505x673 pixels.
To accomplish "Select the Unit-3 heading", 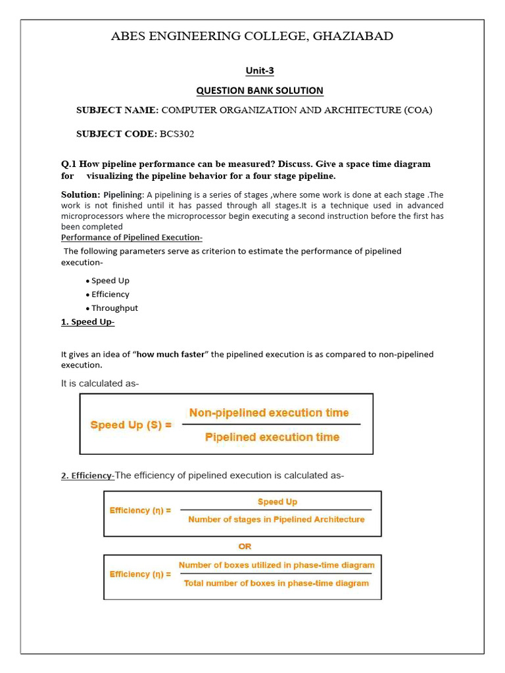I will click(260, 70).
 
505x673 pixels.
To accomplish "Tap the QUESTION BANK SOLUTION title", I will click(260, 91).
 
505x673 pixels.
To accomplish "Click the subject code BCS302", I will click(178, 134).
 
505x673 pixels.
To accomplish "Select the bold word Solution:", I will click(81, 195).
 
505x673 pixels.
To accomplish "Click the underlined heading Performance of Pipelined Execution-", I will click(132, 237).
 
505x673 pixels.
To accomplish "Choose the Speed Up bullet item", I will click(110, 281).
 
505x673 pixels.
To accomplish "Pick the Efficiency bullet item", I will click(110, 294).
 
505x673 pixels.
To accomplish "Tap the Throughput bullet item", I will click(114, 308).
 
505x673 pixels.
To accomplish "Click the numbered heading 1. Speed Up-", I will click(87, 321).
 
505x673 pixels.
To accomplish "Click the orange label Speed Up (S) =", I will click(131, 425).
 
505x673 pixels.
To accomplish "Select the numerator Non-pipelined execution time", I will click(269, 413).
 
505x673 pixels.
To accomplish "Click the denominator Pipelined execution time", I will click(272, 437).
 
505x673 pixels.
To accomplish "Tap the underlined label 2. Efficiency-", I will click(87, 476).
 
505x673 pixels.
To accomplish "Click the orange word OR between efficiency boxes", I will click(245, 546).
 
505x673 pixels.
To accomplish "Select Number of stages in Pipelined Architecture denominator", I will click(276, 519).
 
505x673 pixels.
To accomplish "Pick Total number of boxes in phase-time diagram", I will click(276, 583).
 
